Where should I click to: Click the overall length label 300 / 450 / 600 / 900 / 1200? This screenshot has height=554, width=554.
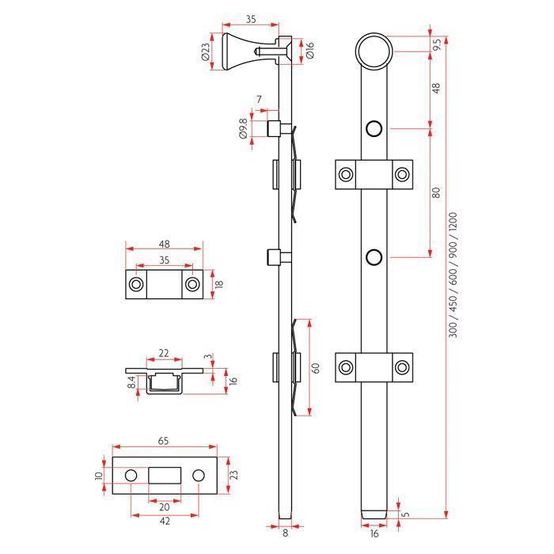click(453, 275)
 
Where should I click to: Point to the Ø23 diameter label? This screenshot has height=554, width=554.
click(205, 51)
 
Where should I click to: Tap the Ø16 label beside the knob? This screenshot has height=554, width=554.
click(309, 51)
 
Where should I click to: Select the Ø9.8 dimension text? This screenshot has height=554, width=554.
click(243, 128)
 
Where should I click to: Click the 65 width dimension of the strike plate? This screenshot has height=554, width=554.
click(163, 441)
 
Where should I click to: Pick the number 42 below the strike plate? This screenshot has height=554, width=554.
click(165, 521)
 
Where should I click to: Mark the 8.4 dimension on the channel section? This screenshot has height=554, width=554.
click(131, 382)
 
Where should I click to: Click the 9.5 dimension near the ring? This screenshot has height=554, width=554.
click(437, 44)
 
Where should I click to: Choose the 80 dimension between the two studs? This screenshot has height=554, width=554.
click(437, 192)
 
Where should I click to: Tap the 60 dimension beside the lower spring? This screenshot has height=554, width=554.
click(316, 368)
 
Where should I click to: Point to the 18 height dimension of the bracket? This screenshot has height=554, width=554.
click(219, 283)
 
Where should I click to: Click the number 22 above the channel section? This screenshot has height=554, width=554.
click(164, 353)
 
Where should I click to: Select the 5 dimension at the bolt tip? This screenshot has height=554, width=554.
click(406, 513)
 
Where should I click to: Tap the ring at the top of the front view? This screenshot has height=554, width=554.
click(374, 35)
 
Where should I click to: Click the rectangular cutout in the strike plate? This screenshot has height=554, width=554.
click(165, 475)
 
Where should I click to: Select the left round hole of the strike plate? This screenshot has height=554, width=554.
click(131, 475)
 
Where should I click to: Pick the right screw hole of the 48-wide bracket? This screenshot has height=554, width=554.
click(192, 284)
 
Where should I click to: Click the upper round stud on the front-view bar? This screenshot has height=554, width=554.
click(374, 128)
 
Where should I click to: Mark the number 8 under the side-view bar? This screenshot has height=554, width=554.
click(286, 533)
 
